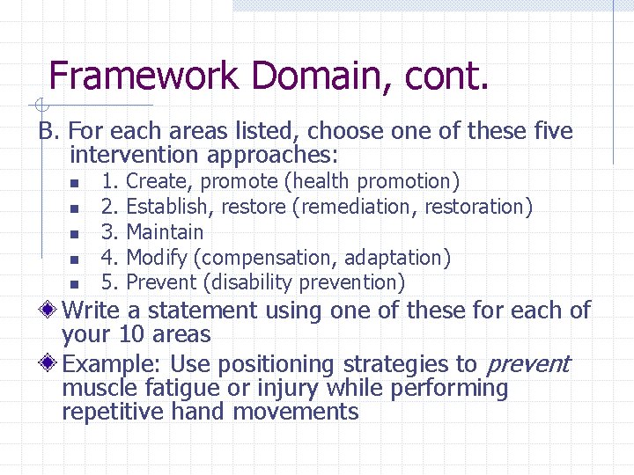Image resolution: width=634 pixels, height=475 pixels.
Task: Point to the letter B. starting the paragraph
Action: (x=48, y=132)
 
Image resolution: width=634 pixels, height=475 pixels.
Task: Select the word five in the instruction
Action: (x=552, y=132)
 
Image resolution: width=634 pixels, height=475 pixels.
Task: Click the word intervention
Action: (x=135, y=156)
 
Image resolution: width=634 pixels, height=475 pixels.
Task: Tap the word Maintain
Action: (x=165, y=232)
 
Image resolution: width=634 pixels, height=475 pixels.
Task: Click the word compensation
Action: (x=267, y=258)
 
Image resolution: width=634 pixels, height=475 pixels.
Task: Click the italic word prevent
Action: (x=527, y=365)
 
